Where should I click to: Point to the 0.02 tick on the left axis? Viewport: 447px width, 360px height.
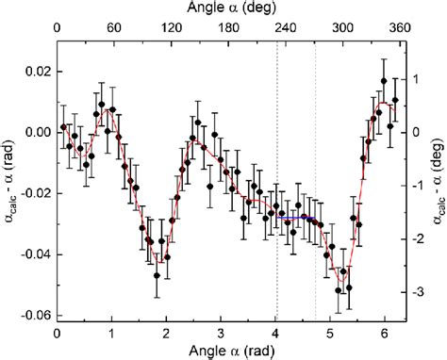[x=35, y=72]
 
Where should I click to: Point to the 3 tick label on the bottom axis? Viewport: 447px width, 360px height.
[x=221, y=332]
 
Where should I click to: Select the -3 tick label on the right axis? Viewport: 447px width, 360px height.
[x=415, y=293]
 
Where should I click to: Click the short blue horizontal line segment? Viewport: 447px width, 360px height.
[x=296, y=218]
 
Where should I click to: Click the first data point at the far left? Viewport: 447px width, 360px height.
[x=63, y=126]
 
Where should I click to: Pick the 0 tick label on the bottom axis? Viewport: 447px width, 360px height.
[x=58, y=332]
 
